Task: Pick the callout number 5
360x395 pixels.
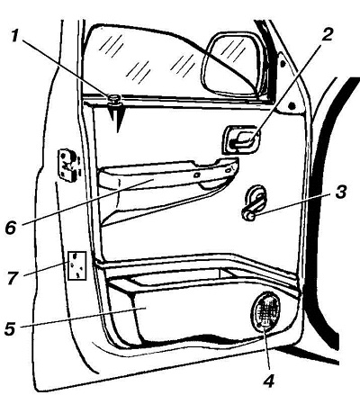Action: (x=10, y=328)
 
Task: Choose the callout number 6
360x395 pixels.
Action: (x=10, y=228)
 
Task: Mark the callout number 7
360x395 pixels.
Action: (x=13, y=278)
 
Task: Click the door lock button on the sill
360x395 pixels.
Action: (x=115, y=100)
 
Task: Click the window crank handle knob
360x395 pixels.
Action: (x=248, y=215)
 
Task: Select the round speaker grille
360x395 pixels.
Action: (x=266, y=311)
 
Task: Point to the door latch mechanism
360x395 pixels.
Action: (x=67, y=165)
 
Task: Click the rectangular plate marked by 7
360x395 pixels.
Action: (x=76, y=265)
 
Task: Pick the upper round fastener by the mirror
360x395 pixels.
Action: (x=282, y=64)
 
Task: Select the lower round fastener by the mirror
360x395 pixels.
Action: (x=291, y=105)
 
